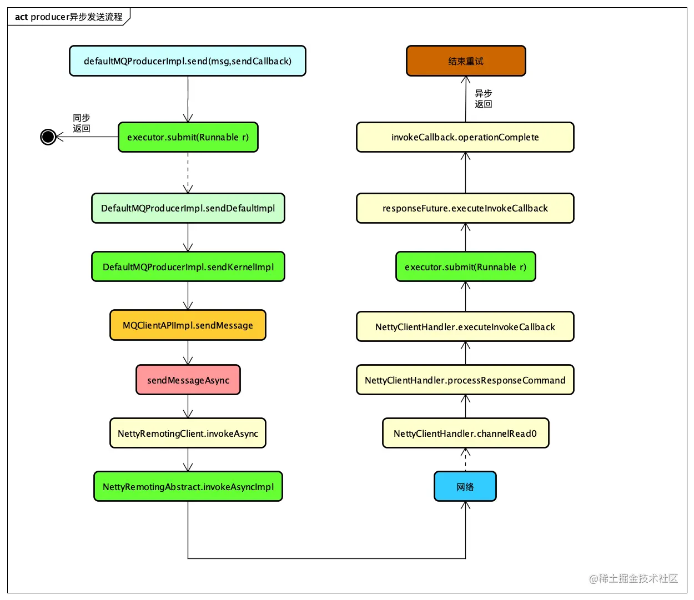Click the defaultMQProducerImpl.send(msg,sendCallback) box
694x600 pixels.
tap(187, 60)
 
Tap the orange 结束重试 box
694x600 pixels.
tap(465, 60)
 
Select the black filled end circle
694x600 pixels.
tap(48, 137)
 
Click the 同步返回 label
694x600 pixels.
tap(81, 123)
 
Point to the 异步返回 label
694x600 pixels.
tap(483, 98)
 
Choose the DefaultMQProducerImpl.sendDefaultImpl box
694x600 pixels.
tap(188, 208)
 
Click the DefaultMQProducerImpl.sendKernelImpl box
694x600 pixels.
tap(188, 266)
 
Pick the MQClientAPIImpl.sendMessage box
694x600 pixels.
tap(188, 325)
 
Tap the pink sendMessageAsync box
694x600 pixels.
tap(188, 380)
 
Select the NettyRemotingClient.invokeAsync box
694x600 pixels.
tap(188, 433)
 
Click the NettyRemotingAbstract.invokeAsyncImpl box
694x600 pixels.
tap(188, 486)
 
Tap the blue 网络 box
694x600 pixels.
tap(465, 486)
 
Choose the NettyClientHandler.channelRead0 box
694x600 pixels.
tap(465, 433)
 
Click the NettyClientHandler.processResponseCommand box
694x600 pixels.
tap(465, 380)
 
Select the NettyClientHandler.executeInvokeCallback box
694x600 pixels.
tap(465, 326)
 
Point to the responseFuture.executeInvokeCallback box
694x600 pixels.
tap(465, 208)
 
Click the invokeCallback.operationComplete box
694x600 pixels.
tap(465, 137)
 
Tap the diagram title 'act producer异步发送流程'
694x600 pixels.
tap(68, 17)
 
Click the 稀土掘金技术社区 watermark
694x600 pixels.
tap(633, 578)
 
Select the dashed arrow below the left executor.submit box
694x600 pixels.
tap(188, 173)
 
